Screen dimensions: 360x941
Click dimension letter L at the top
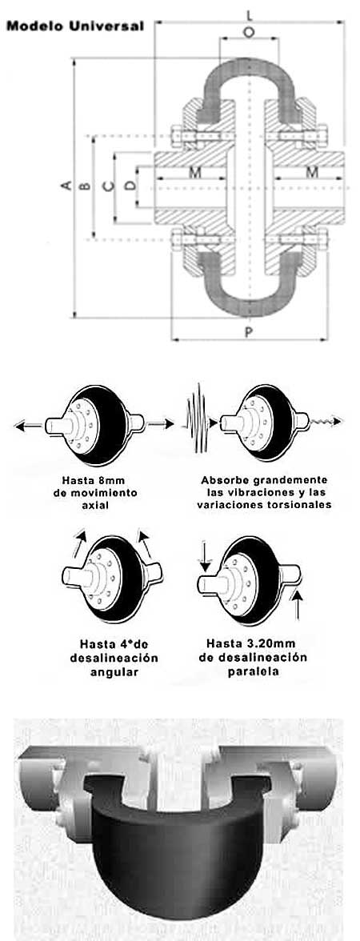tap(250, 14)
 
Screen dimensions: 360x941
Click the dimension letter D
tap(129, 186)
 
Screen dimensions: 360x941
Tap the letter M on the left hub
tap(195, 172)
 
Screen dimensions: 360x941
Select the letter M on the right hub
tap(311, 172)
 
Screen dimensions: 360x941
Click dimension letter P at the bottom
tap(249, 332)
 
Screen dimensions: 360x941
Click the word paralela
tap(253, 671)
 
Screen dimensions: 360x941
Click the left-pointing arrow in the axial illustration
tap(29, 426)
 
